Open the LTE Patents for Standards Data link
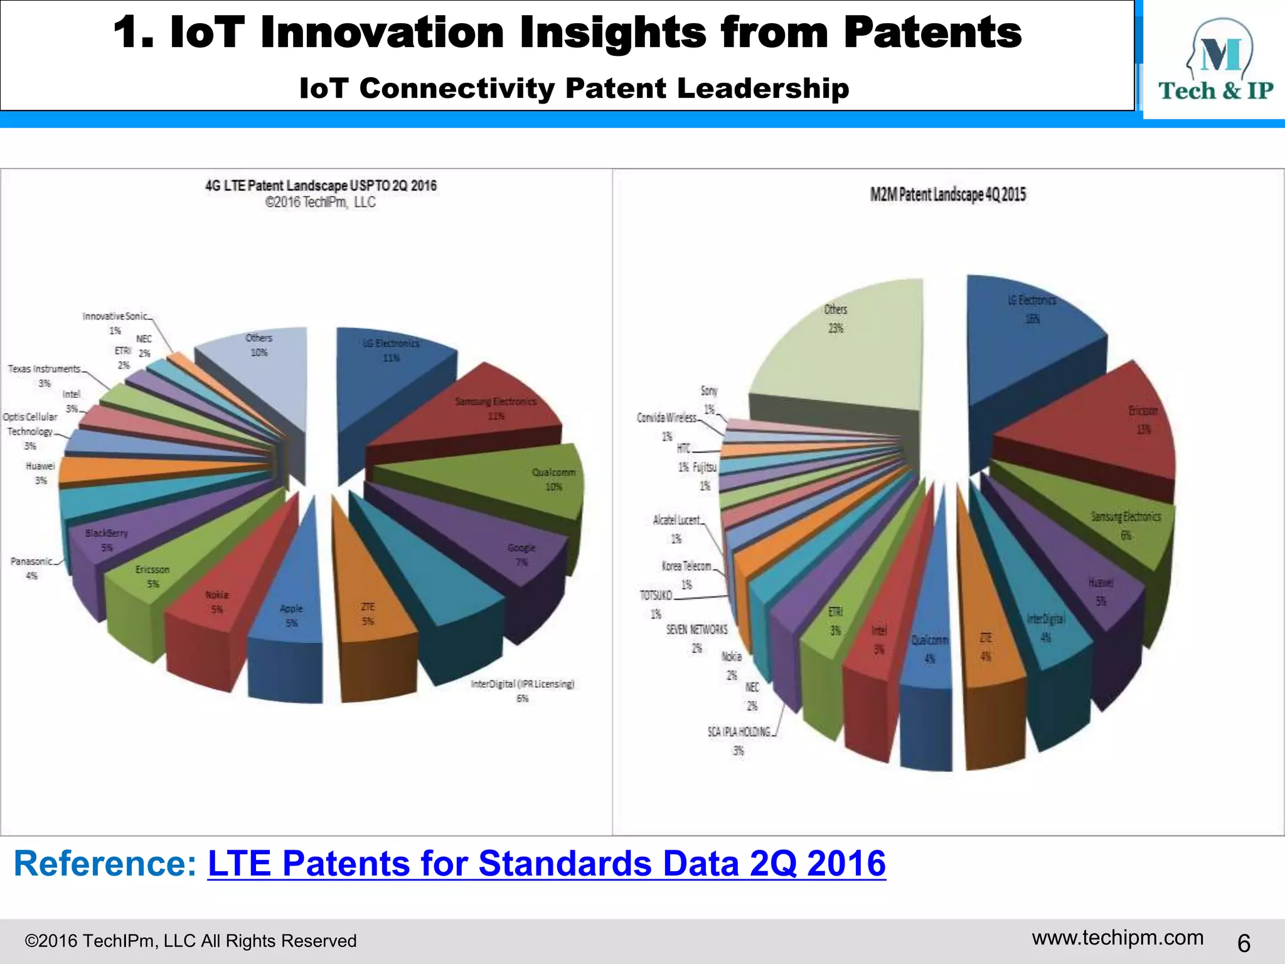coord(546,864)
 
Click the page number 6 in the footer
coord(1244,943)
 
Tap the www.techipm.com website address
coord(1117,938)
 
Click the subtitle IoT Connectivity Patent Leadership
coord(574,88)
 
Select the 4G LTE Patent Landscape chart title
coord(321,186)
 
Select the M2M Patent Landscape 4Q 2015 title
coord(947,195)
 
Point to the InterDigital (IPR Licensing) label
coord(522,684)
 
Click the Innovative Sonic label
coord(115,316)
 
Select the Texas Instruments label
coord(44,369)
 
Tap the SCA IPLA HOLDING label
coord(738,732)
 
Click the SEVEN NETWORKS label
coord(696,629)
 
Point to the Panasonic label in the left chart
coord(31,561)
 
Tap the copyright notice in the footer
coord(190,941)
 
